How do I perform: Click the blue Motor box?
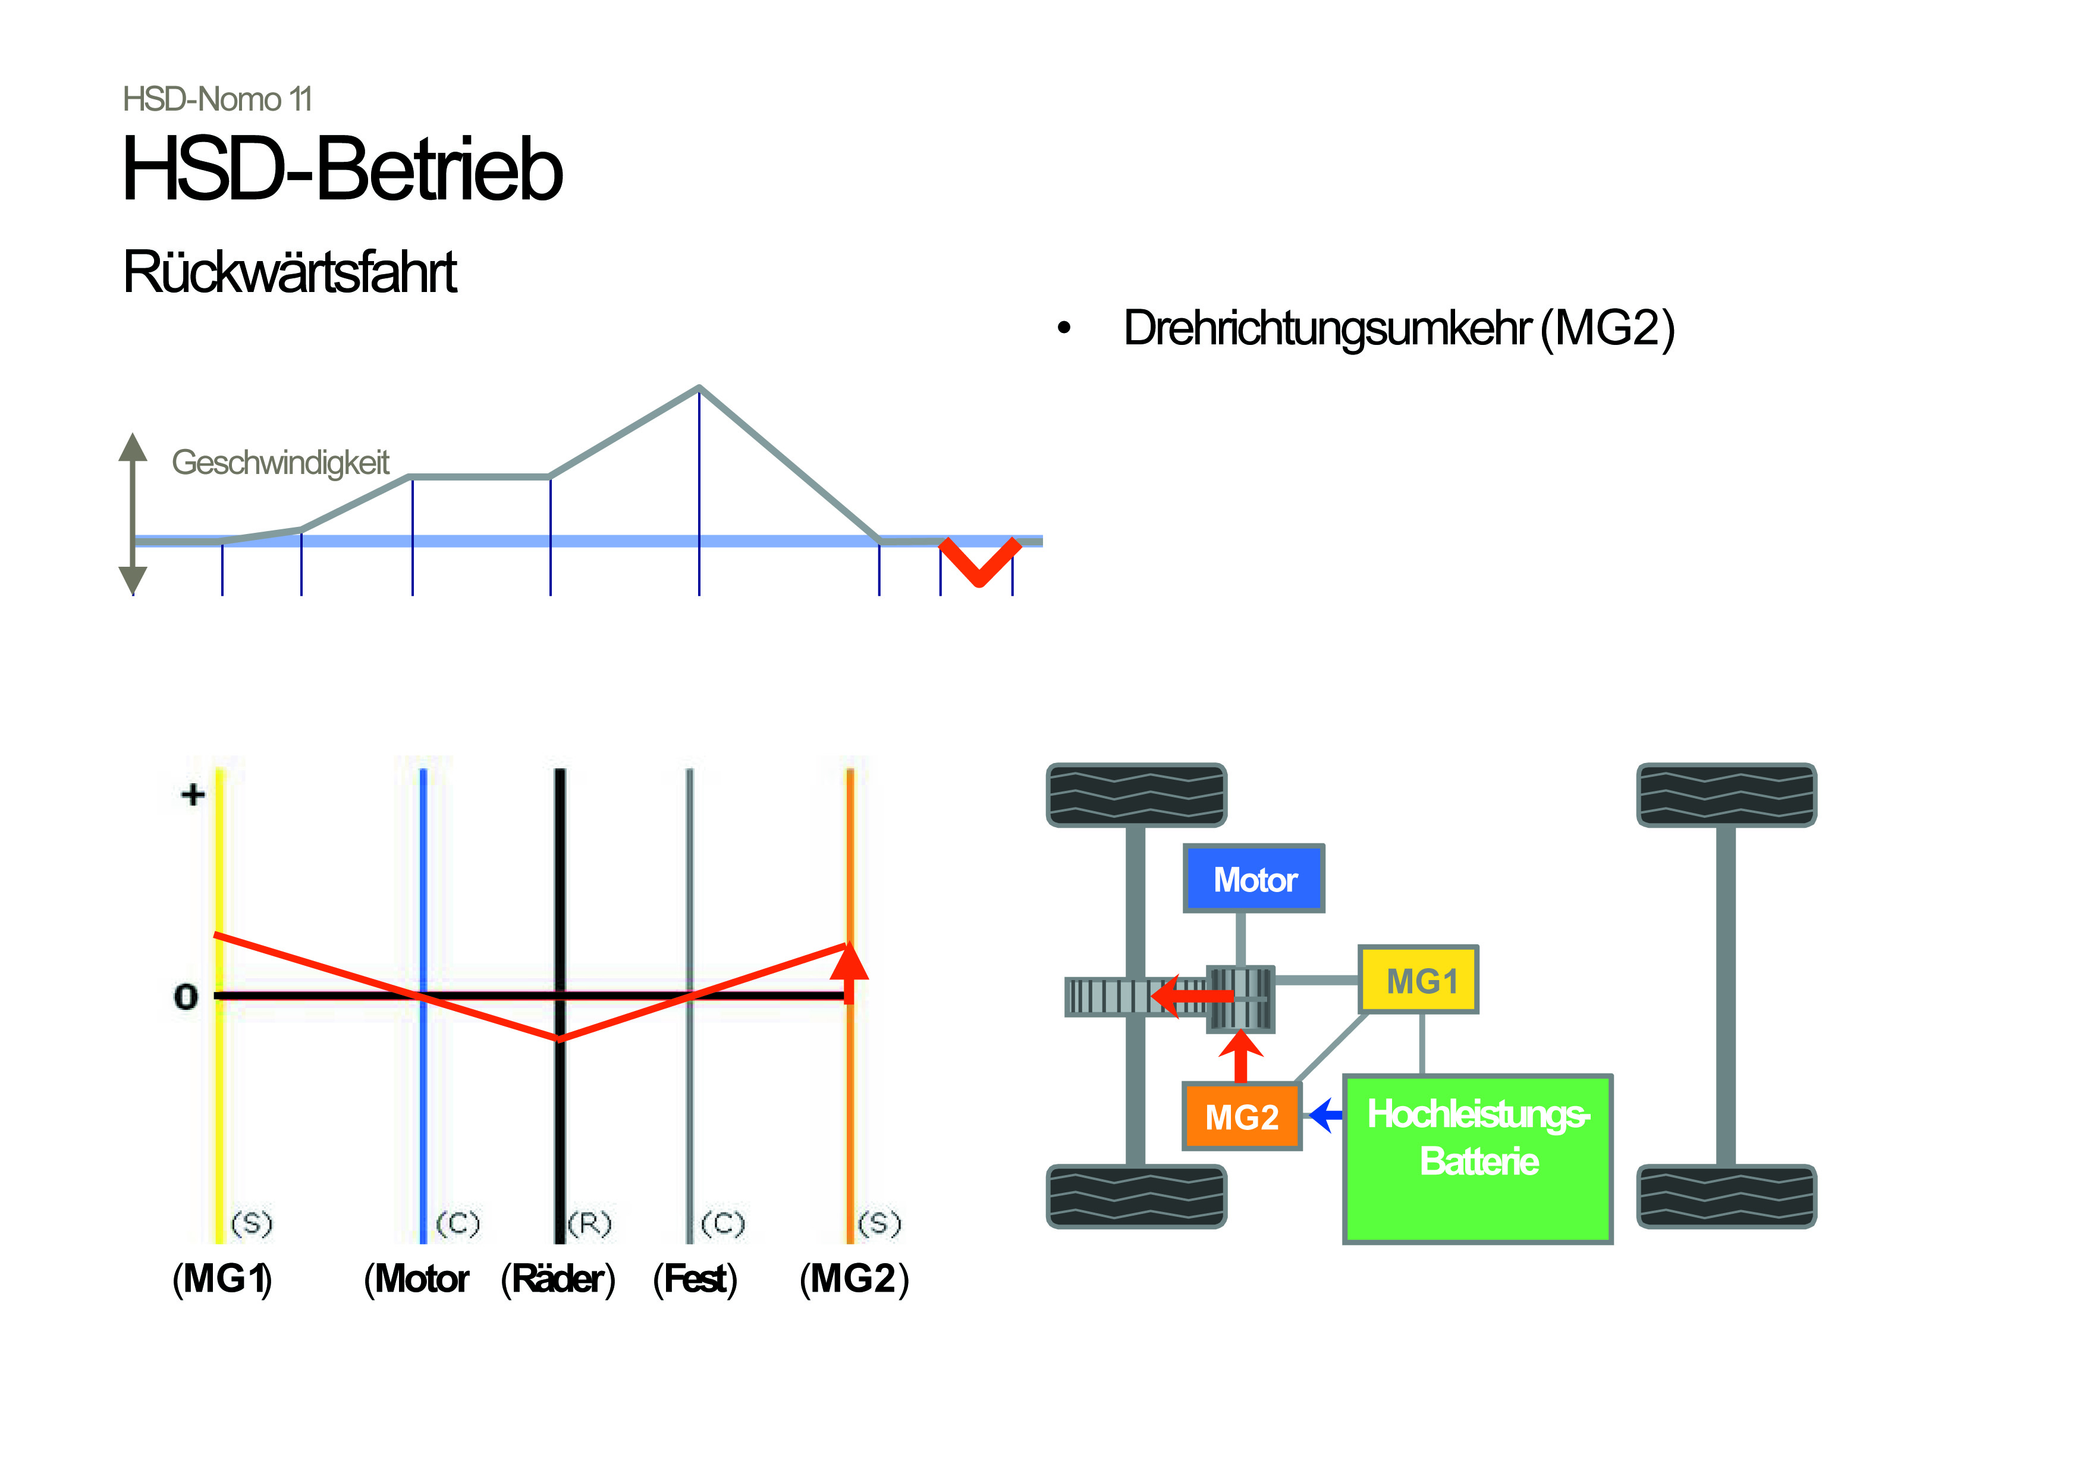point(1253,878)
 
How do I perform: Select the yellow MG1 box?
point(1418,979)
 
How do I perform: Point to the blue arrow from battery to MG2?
point(1325,1114)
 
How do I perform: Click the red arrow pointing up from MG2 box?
point(1241,1055)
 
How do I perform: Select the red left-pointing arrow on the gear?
point(1192,995)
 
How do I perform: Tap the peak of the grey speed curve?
point(699,388)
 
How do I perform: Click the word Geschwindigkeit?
point(280,463)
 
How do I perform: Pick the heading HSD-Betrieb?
point(342,169)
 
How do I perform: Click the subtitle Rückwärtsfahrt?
point(289,271)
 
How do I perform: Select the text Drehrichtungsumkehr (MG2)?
point(1399,328)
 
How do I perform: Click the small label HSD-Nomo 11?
point(217,99)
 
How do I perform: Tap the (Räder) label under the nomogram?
point(558,1279)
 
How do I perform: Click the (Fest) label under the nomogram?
point(695,1279)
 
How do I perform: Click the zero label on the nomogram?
point(186,997)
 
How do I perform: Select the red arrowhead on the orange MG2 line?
point(850,962)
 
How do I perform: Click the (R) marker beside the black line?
point(589,1223)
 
